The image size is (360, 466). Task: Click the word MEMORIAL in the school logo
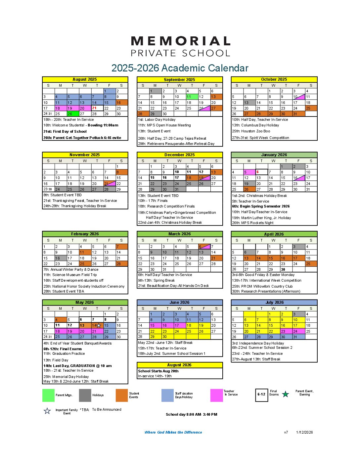pos(181,41)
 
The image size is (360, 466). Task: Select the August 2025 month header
pos(85,79)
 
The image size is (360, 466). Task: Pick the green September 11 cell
pos(191,97)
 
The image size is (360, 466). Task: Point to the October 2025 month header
pos(274,79)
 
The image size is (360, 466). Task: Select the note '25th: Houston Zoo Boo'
pos(251,131)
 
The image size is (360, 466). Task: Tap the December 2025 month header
pos(179,155)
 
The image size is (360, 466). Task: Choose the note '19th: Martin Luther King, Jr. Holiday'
pos(261,218)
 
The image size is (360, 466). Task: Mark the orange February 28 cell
pos(121,264)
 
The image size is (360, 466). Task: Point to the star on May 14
pos(99,325)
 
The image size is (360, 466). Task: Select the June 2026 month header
pos(179,303)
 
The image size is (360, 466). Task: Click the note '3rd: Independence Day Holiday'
pos(258,343)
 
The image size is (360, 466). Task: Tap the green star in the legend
pos(286,394)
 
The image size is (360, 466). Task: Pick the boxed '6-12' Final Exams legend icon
pos(261,395)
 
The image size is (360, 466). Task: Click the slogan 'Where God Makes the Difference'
pos(173,432)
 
